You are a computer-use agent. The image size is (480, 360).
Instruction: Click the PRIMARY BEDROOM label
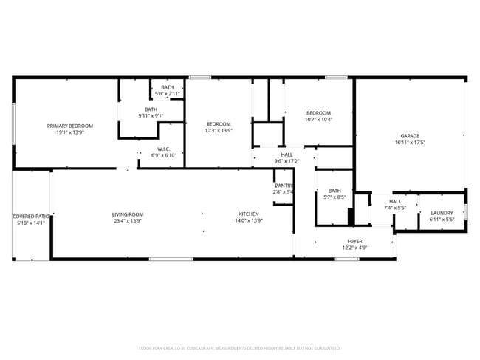tap(70, 126)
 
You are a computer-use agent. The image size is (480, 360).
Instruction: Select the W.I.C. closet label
tap(164, 148)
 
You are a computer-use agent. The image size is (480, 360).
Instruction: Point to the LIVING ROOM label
tap(128, 214)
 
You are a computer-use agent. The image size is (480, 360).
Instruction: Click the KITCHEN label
tap(248, 214)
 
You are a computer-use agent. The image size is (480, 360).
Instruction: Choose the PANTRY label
tap(284, 185)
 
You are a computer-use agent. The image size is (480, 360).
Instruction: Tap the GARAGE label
tap(410, 136)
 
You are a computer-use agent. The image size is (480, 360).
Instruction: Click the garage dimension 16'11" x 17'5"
tap(410, 143)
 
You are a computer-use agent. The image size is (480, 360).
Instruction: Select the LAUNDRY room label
tap(442, 214)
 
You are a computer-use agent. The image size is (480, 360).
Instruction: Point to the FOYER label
tap(355, 241)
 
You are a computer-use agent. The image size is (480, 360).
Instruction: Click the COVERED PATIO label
tap(30, 216)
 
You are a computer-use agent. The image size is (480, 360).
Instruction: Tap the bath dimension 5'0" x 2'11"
tap(168, 94)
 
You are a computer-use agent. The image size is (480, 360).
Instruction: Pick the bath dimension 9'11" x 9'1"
tap(151, 116)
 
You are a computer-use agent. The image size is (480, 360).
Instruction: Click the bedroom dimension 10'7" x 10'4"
tap(318, 119)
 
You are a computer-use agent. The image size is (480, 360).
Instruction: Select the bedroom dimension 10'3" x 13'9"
tap(219, 130)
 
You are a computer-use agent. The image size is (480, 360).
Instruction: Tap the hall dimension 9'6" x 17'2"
tap(287, 160)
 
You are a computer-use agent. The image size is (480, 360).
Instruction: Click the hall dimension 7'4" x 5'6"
tap(395, 208)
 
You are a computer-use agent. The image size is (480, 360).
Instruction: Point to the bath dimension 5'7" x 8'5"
tap(335, 197)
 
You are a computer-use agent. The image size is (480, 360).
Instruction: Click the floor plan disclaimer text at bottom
tap(239, 347)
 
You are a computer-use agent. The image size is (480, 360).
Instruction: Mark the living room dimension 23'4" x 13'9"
tap(128, 220)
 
